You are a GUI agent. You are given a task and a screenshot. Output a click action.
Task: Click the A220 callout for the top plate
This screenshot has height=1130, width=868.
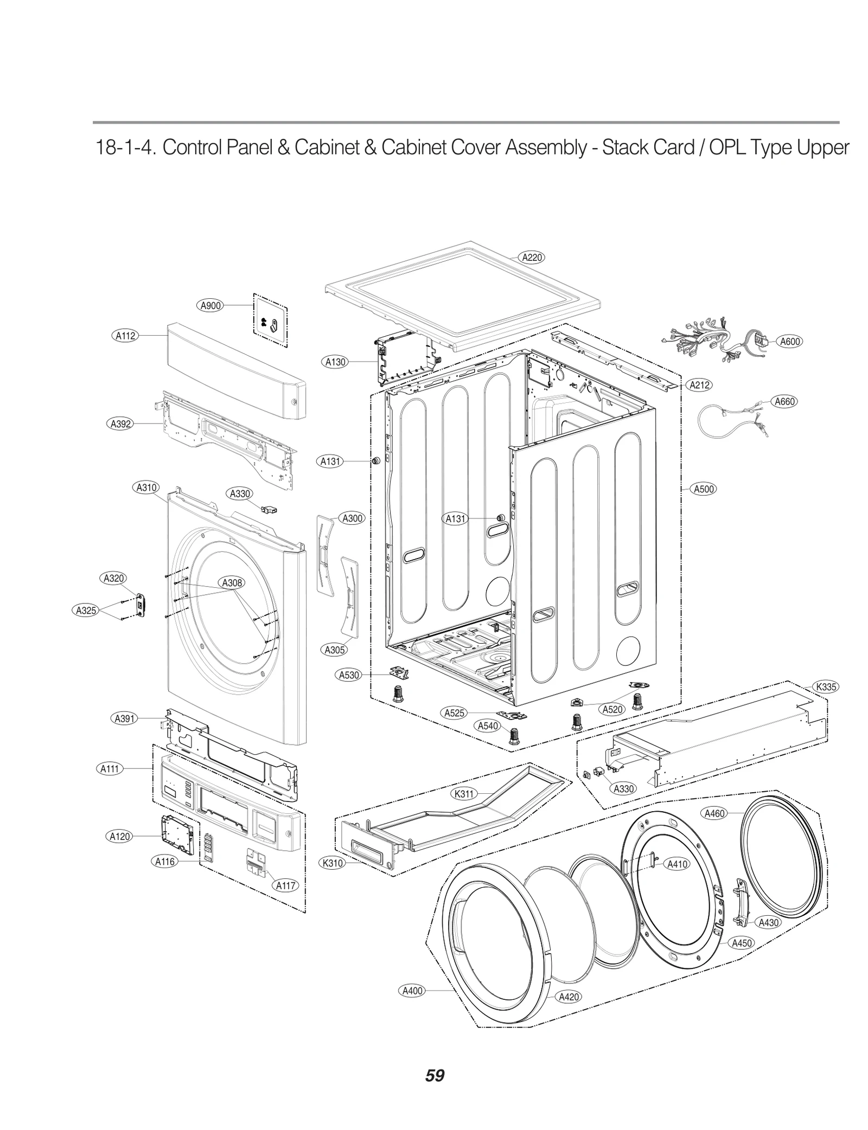[x=532, y=258]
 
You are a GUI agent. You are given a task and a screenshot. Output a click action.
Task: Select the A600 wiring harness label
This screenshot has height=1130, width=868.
[x=789, y=341]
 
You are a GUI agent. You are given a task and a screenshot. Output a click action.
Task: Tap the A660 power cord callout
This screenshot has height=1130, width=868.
[x=784, y=401]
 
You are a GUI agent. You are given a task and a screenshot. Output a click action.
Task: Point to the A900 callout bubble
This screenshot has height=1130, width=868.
[x=210, y=305]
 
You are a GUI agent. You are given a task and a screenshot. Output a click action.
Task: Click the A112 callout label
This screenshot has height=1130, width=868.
[x=125, y=336]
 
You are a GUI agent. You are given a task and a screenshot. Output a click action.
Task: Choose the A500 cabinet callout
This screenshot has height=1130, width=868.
[x=704, y=489]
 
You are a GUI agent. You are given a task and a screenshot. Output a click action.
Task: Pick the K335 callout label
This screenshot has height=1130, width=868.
[x=826, y=686]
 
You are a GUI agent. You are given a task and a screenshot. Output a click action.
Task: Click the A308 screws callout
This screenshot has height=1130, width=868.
[x=232, y=583]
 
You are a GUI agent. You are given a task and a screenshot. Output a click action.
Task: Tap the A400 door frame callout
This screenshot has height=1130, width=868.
[x=412, y=991]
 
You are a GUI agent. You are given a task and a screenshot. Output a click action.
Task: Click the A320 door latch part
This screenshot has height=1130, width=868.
[x=142, y=605]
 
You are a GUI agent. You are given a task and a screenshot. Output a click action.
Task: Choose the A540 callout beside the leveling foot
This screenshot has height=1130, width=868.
[x=488, y=725]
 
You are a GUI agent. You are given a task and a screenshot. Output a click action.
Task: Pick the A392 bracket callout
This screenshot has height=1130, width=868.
[x=120, y=423]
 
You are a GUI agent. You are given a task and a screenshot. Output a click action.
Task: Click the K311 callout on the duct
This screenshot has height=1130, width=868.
[x=464, y=794]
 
